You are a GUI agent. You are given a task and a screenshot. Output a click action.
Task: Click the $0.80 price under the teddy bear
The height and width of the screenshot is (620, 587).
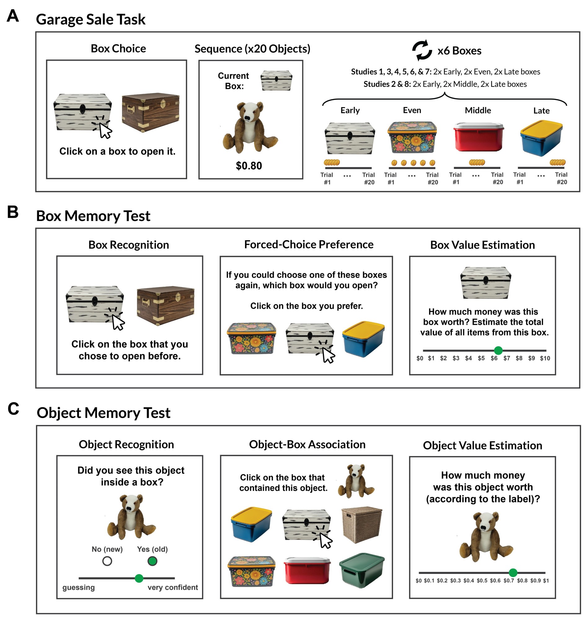click(249, 166)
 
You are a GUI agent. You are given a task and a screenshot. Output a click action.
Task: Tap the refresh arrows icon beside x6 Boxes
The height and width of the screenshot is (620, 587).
click(422, 50)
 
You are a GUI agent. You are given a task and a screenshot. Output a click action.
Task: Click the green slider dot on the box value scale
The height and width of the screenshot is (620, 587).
click(498, 350)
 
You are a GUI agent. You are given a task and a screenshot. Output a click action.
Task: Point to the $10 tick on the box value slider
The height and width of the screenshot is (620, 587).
click(545, 358)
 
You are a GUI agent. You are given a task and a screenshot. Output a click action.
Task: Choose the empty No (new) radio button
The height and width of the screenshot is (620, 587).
click(107, 561)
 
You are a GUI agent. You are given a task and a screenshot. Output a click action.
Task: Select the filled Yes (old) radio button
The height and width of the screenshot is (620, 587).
click(152, 561)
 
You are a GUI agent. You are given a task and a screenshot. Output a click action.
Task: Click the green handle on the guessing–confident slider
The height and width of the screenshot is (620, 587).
click(139, 578)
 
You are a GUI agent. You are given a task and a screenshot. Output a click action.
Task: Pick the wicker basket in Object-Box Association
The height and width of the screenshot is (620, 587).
click(362, 525)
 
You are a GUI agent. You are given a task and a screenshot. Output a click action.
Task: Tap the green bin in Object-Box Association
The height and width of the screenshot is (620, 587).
click(362, 570)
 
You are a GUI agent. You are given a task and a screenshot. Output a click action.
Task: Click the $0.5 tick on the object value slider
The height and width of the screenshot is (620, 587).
click(482, 581)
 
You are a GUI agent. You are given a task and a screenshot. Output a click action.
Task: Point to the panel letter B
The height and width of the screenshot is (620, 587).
click(13, 212)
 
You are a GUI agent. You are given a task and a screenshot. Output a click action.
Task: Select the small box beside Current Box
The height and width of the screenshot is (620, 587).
click(276, 81)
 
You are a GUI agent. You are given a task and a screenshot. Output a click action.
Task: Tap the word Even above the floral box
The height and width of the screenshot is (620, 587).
click(412, 110)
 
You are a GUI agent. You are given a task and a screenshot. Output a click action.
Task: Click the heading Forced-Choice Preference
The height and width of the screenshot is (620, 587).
click(309, 244)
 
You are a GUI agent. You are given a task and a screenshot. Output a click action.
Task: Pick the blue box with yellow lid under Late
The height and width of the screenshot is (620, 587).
click(541, 138)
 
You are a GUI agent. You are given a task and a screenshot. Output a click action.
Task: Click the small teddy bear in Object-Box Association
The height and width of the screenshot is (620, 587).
click(356, 481)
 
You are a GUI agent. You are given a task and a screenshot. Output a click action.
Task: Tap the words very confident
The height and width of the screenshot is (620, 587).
click(173, 587)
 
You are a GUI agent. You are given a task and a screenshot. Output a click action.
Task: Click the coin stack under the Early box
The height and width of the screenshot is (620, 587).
click(332, 162)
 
